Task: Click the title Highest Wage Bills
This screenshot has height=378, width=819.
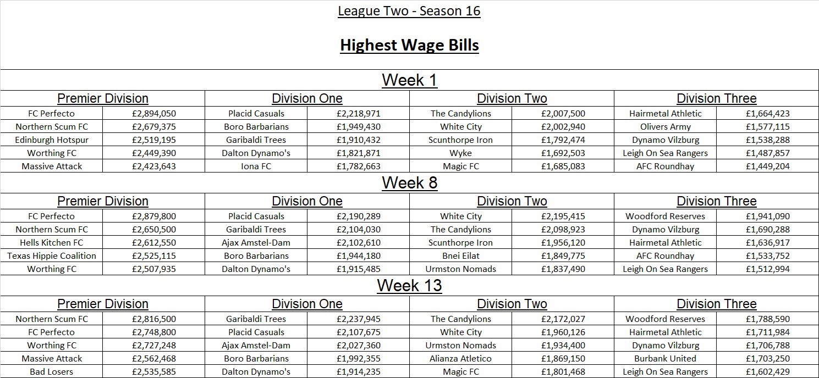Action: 409,45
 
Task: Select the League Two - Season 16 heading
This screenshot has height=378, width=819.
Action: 409,11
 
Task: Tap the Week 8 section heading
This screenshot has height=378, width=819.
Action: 409,183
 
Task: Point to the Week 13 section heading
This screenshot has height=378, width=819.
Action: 409,286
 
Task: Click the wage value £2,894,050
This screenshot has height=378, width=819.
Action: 154,114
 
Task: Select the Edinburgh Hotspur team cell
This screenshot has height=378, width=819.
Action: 52,140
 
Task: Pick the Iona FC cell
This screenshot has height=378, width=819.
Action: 256,166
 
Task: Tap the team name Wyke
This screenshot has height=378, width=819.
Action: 460,153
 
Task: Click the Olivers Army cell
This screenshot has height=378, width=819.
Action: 666,127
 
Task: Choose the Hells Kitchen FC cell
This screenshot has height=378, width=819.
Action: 52,243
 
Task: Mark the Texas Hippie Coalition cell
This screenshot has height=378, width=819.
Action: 52,256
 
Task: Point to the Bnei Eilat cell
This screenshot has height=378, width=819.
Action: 460,256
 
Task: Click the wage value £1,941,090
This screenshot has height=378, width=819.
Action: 768,216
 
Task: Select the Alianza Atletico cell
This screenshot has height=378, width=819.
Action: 460,359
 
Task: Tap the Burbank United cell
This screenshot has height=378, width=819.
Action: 666,359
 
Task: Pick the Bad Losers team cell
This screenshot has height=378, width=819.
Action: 52,372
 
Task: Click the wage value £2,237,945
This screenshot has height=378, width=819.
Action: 359,319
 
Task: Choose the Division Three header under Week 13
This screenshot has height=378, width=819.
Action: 716,304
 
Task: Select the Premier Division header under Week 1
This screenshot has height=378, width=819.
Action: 103,99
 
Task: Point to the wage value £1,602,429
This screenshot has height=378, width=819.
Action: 768,372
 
